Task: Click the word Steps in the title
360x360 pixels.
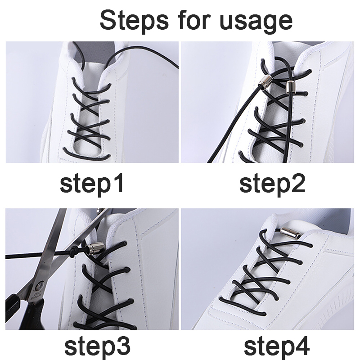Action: pyautogui.click(x=134, y=21)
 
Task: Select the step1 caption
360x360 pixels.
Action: pyautogui.click(x=92, y=184)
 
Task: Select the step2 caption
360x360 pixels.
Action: pyautogui.click(x=272, y=184)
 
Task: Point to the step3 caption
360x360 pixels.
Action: pyautogui.click(x=98, y=346)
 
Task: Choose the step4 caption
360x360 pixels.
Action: pyautogui.click(x=277, y=346)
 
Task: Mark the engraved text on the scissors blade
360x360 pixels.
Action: pyautogui.click(x=36, y=296)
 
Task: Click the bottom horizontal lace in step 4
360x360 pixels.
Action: pyautogui.click(x=242, y=306)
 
